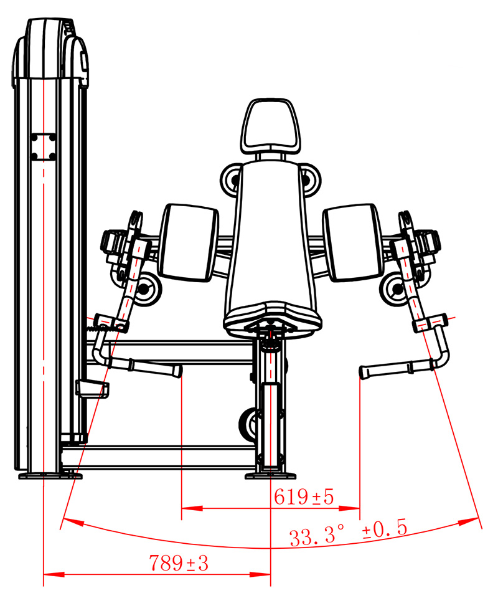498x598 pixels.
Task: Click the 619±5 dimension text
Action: coord(304,496)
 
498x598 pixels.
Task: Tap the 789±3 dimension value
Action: coord(179,563)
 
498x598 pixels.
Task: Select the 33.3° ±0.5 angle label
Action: coord(348,533)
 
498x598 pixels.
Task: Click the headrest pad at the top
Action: coord(270,126)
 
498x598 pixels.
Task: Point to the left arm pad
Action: coord(188,242)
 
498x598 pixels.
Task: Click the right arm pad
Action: coord(352,242)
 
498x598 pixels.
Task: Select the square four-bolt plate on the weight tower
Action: coord(44,147)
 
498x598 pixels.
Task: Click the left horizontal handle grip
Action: coord(157,368)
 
